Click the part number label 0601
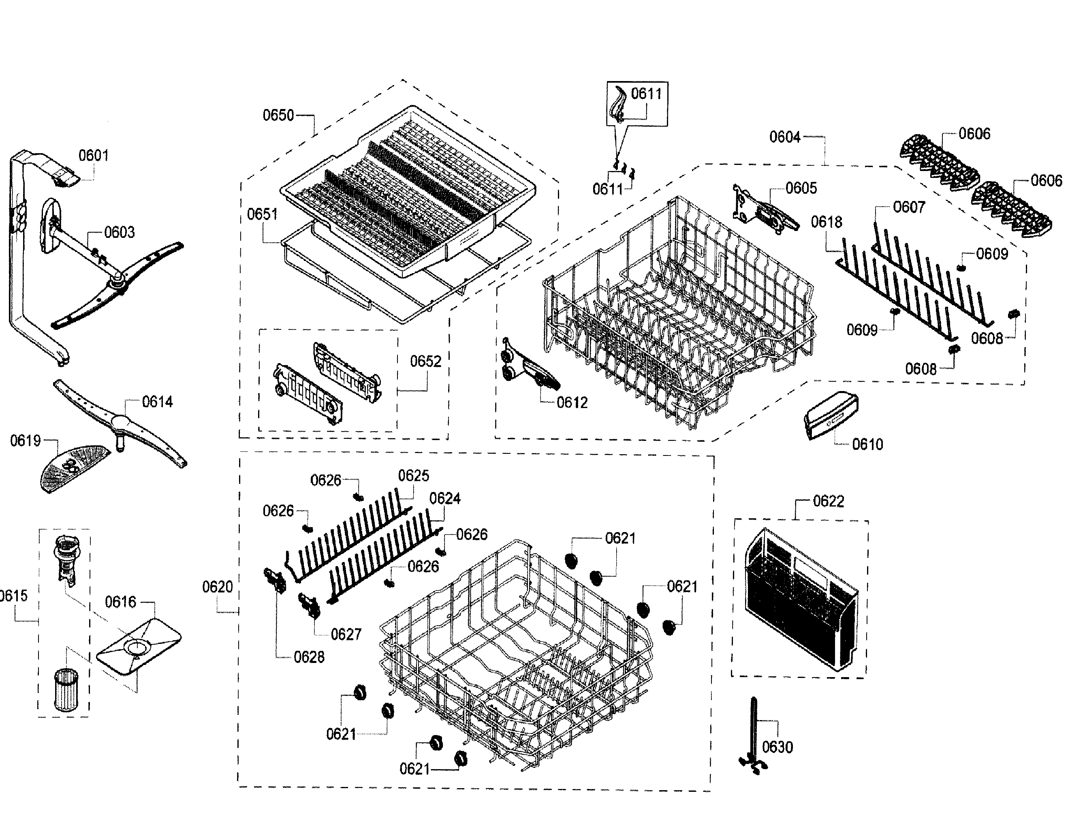93,156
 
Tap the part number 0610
867,445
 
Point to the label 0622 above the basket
828,501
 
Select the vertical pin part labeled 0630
754,736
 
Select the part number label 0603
119,232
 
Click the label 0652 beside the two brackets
425,361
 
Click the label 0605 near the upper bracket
801,188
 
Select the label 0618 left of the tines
826,222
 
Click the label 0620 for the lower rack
217,587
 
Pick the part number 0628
309,657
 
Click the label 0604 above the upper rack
785,137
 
